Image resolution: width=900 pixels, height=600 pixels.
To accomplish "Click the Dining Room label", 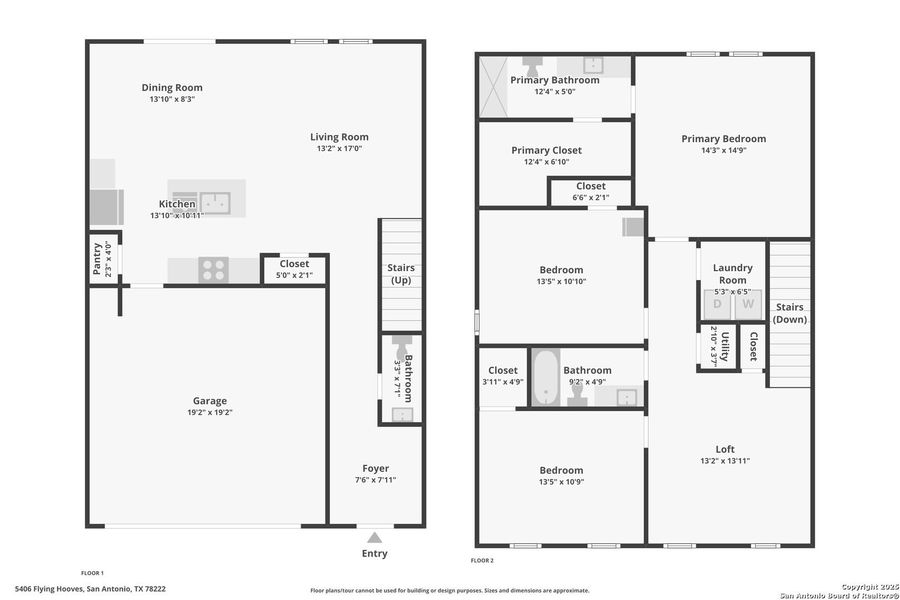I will tap(171, 88).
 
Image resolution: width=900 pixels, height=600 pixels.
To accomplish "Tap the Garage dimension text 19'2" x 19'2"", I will tap(210, 412).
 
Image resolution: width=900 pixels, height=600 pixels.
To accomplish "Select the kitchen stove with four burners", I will tap(213, 270).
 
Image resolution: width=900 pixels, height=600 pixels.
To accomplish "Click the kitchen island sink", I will tap(215, 203).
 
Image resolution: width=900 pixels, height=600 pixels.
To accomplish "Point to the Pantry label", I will tap(97, 257).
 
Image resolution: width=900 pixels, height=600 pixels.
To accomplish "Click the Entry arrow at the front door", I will tap(374, 537).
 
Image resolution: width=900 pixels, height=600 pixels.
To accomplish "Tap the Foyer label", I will tap(375, 468).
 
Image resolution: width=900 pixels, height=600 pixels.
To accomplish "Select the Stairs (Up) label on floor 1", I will tap(401, 274).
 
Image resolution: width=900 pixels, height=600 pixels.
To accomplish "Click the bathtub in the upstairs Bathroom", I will tap(545, 377).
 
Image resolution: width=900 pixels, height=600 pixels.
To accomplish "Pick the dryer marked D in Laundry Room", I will tap(717, 304).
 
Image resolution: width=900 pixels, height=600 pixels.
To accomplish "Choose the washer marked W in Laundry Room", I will tap(748, 304).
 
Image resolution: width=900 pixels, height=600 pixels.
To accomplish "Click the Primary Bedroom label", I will tap(723, 139).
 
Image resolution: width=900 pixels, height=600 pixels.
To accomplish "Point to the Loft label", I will tap(725, 449).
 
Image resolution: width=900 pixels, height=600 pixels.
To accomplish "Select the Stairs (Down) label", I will tap(789, 313).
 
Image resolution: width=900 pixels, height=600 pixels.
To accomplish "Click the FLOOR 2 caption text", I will tap(483, 560).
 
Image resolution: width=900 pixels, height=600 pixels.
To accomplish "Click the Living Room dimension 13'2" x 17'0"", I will tap(339, 149).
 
